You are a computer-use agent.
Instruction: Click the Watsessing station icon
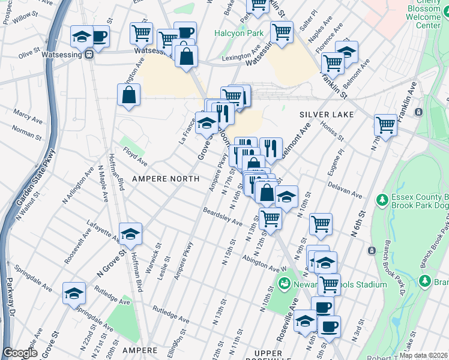89,54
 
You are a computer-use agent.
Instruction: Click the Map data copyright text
423,355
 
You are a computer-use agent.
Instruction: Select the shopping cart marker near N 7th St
385,125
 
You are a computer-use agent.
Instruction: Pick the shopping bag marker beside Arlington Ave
128,94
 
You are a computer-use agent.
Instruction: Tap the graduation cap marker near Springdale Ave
74,293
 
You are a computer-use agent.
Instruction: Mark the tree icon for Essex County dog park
380,199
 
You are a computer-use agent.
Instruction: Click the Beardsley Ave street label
223,217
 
